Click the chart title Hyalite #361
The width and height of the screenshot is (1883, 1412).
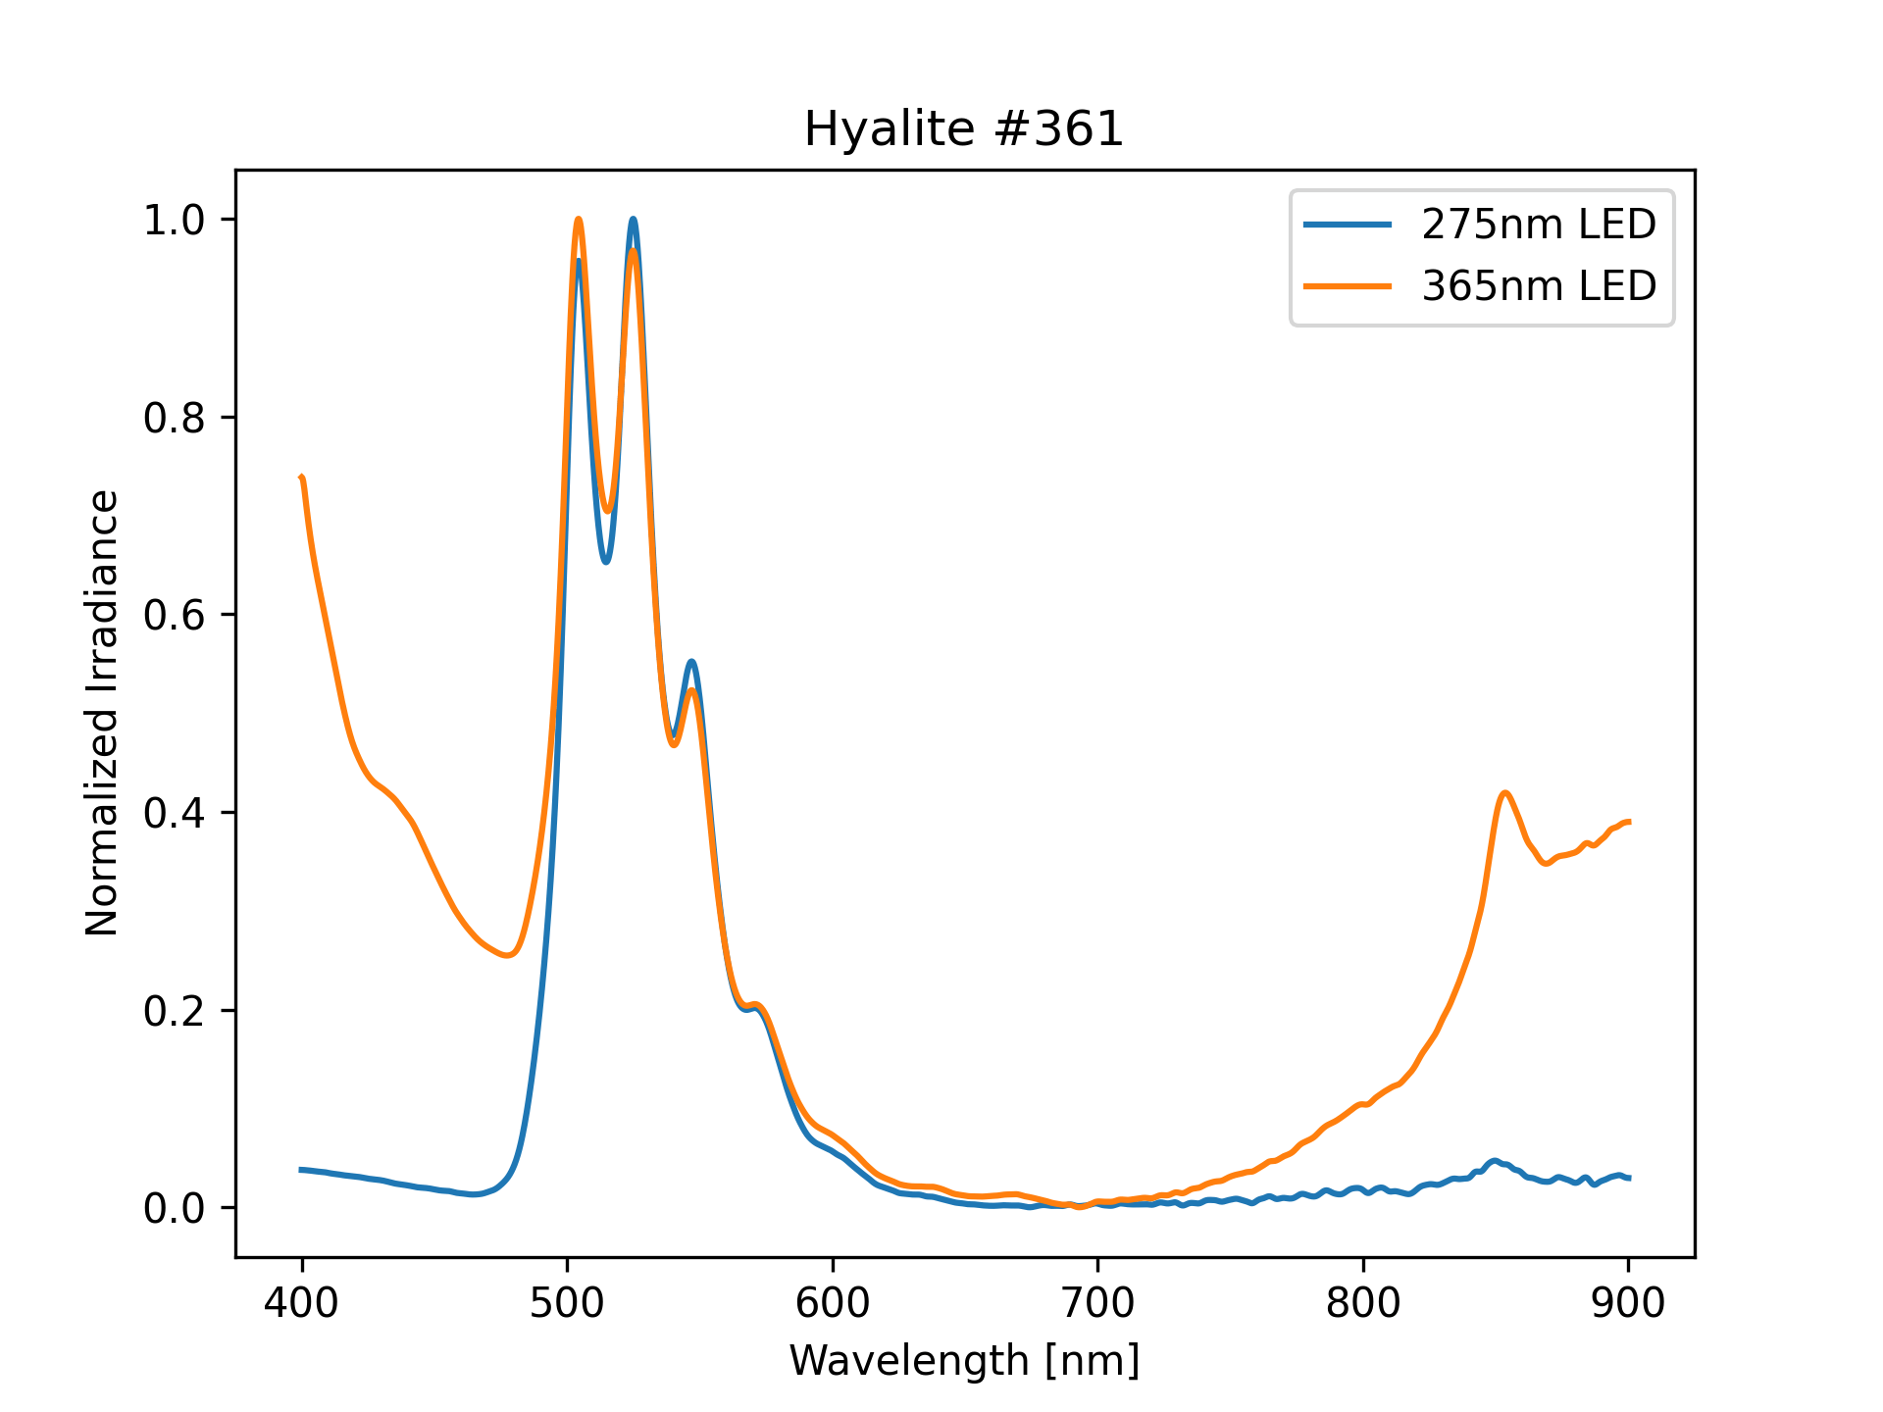pyautogui.click(x=963, y=129)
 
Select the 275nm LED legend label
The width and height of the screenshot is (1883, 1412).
pyautogui.click(x=1539, y=225)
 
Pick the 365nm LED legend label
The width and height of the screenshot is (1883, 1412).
pyautogui.click(x=1539, y=285)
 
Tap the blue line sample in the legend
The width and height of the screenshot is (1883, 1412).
pyautogui.click(x=1347, y=225)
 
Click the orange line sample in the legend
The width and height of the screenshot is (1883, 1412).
pyautogui.click(x=1347, y=285)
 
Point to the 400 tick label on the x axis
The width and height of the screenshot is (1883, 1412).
pyautogui.click(x=302, y=1303)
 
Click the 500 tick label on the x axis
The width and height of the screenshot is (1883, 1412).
pyautogui.click(x=567, y=1303)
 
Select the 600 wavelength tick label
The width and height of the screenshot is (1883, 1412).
pyautogui.click(x=833, y=1303)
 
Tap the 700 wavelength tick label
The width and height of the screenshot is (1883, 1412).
pyautogui.click(x=1097, y=1303)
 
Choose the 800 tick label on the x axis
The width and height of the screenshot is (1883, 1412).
pyautogui.click(x=1363, y=1303)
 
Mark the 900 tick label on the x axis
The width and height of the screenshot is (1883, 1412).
pyautogui.click(x=1628, y=1303)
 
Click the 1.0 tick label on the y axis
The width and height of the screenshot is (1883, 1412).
pyautogui.click(x=175, y=220)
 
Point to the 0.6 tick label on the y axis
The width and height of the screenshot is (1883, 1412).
pyautogui.click(x=175, y=615)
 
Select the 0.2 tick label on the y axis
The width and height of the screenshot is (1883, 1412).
pyautogui.click(x=175, y=1011)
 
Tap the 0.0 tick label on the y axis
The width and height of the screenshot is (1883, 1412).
pyautogui.click(x=175, y=1208)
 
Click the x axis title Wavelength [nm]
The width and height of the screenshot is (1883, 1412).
pyautogui.click(x=964, y=1360)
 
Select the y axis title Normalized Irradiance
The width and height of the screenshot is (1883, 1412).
pyautogui.click(x=102, y=713)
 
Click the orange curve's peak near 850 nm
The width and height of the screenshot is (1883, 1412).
pyautogui.click(x=1504, y=792)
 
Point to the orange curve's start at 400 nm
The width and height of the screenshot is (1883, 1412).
pyautogui.click(x=302, y=478)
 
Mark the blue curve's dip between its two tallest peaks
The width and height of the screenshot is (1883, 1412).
pyautogui.click(x=606, y=562)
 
